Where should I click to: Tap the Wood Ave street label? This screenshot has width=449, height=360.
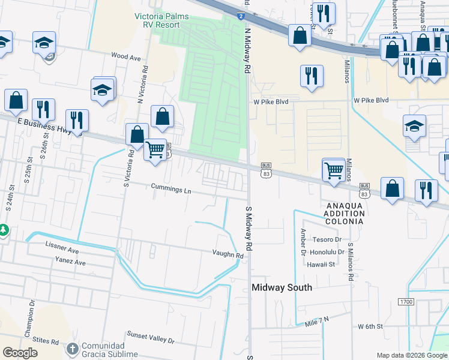point(125,56)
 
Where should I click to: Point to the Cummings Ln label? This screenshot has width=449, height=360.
point(171,190)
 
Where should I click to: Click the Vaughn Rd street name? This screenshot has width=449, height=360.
point(228,255)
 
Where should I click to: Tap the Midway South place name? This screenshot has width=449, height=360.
point(282,287)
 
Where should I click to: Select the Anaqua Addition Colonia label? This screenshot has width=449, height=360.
point(345,213)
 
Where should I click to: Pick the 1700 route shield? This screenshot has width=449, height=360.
point(406,301)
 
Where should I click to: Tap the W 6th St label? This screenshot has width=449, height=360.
point(370,326)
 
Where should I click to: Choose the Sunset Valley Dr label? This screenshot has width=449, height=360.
point(150,337)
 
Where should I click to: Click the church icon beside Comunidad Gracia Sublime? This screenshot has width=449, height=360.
point(72,349)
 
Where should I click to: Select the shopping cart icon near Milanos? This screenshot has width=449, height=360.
point(333,169)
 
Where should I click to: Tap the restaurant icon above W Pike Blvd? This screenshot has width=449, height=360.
point(311,76)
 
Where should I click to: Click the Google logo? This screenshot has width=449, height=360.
point(20,353)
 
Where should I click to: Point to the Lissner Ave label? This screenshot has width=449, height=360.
point(62,248)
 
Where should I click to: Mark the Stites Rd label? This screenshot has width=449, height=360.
point(46,341)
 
